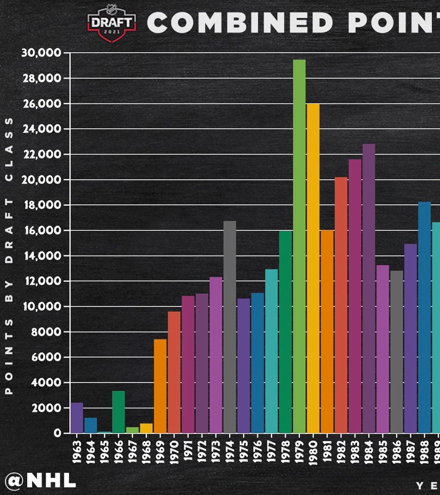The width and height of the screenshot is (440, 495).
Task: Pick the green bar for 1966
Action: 119,412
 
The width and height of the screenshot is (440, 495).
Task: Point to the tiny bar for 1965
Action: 105,432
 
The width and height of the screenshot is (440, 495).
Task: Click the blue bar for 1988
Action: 425,317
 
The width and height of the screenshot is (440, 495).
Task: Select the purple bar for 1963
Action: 77,418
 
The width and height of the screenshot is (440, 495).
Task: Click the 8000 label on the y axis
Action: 46,332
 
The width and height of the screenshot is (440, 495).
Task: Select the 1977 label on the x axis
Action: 272,451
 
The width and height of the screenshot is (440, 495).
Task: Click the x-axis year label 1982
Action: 341,451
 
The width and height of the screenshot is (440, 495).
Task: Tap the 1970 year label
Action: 174,451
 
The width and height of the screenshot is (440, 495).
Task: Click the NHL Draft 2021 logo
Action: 112,23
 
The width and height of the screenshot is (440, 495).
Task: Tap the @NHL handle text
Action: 41,481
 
